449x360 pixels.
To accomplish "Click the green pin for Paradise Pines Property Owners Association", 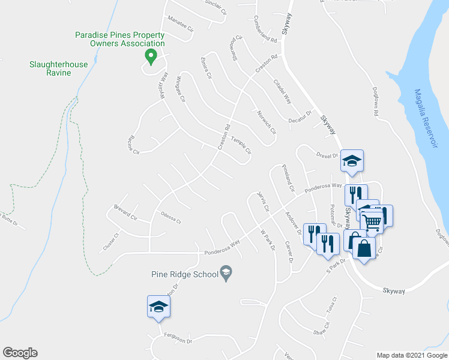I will [151, 58].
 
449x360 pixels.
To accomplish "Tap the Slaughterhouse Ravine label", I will [59, 68].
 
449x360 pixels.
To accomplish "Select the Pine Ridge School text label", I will [184, 275].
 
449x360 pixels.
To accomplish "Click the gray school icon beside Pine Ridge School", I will [226, 275].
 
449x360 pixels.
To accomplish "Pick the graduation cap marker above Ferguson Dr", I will [159, 307].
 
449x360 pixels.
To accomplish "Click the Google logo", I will [20, 353].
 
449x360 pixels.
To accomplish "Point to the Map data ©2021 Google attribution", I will [411, 355].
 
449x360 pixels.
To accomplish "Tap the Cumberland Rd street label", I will [265, 29].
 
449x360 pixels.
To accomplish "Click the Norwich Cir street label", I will [265, 122].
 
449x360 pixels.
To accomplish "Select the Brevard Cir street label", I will [125, 212].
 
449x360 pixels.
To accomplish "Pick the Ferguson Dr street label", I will [178, 341].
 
